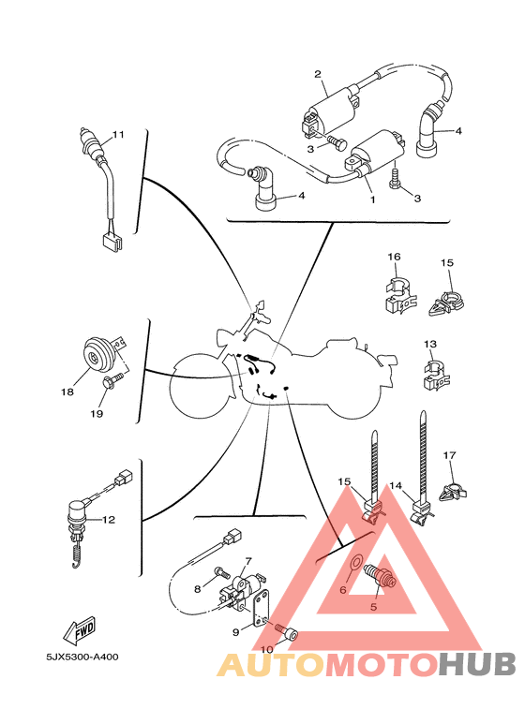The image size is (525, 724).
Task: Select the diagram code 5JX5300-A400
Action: (82, 657)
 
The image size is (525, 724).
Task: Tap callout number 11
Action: (118, 135)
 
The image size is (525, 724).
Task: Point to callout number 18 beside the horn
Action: (67, 392)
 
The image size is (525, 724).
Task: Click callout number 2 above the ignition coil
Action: (318, 74)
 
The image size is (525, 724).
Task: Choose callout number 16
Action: (394, 257)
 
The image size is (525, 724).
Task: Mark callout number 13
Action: (429, 344)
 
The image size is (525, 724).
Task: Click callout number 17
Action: (449, 455)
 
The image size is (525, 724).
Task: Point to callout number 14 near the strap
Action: (396, 486)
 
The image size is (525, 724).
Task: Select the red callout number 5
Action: (372, 606)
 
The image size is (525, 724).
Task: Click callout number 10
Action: (266, 648)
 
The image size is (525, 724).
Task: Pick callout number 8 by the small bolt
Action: (198, 589)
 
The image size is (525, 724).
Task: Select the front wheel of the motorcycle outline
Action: (200, 386)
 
